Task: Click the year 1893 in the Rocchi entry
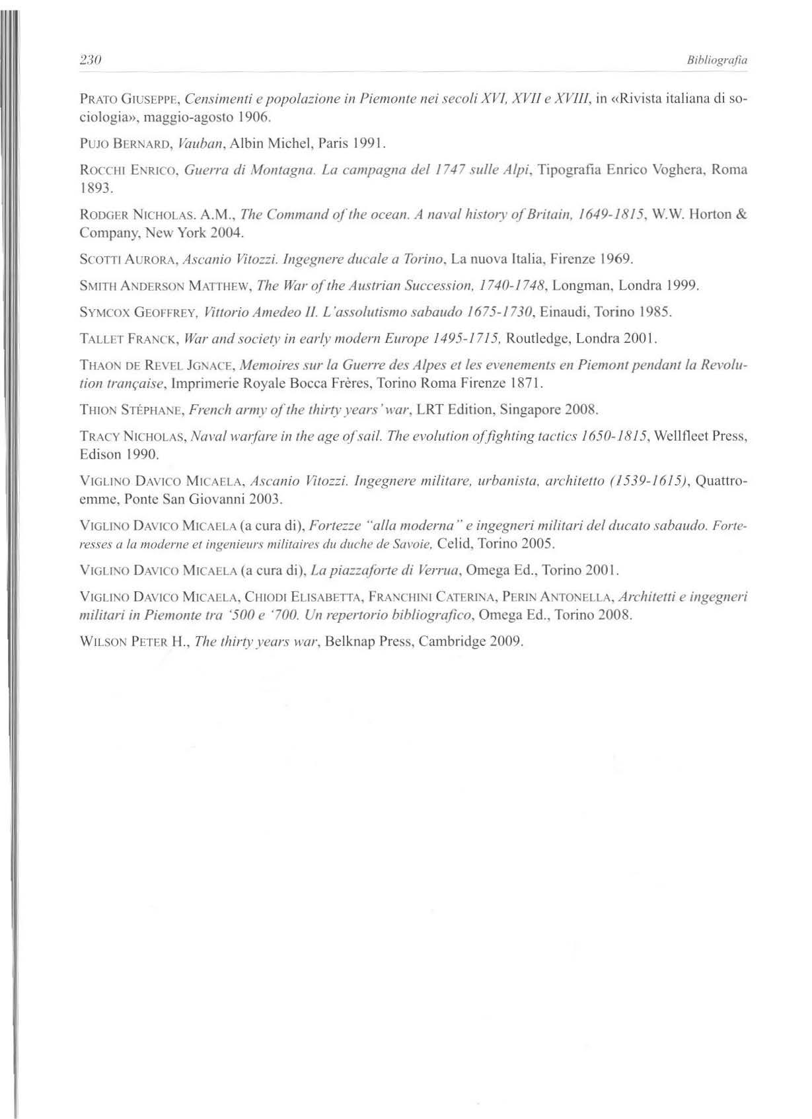(94, 189)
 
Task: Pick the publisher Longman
(579, 286)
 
